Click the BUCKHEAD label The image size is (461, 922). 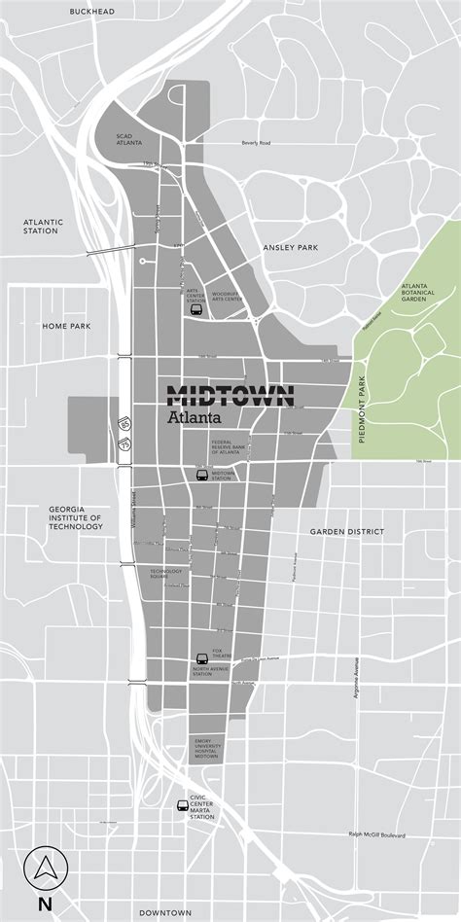pyautogui.click(x=91, y=11)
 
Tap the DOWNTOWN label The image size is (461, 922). pyautogui.click(x=163, y=912)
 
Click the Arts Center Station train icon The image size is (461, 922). pyautogui.click(x=195, y=311)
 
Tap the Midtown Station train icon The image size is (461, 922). pyautogui.click(x=202, y=476)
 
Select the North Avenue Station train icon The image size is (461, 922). pyautogui.click(x=202, y=657)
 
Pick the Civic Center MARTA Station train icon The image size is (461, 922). pyautogui.click(x=181, y=804)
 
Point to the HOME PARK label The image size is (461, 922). pyautogui.click(x=66, y=326)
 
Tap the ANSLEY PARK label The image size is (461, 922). pyautogui.click(x=291, y=248)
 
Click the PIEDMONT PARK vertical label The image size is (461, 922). pyautogui.click(x=362, y=409)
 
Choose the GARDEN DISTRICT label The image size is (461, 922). pyautogui.click(x=347, y=532)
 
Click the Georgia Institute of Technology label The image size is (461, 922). pyautogui.click(x=76, y=517)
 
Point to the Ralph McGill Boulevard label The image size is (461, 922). pyautogui.click(x=382, y=833)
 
